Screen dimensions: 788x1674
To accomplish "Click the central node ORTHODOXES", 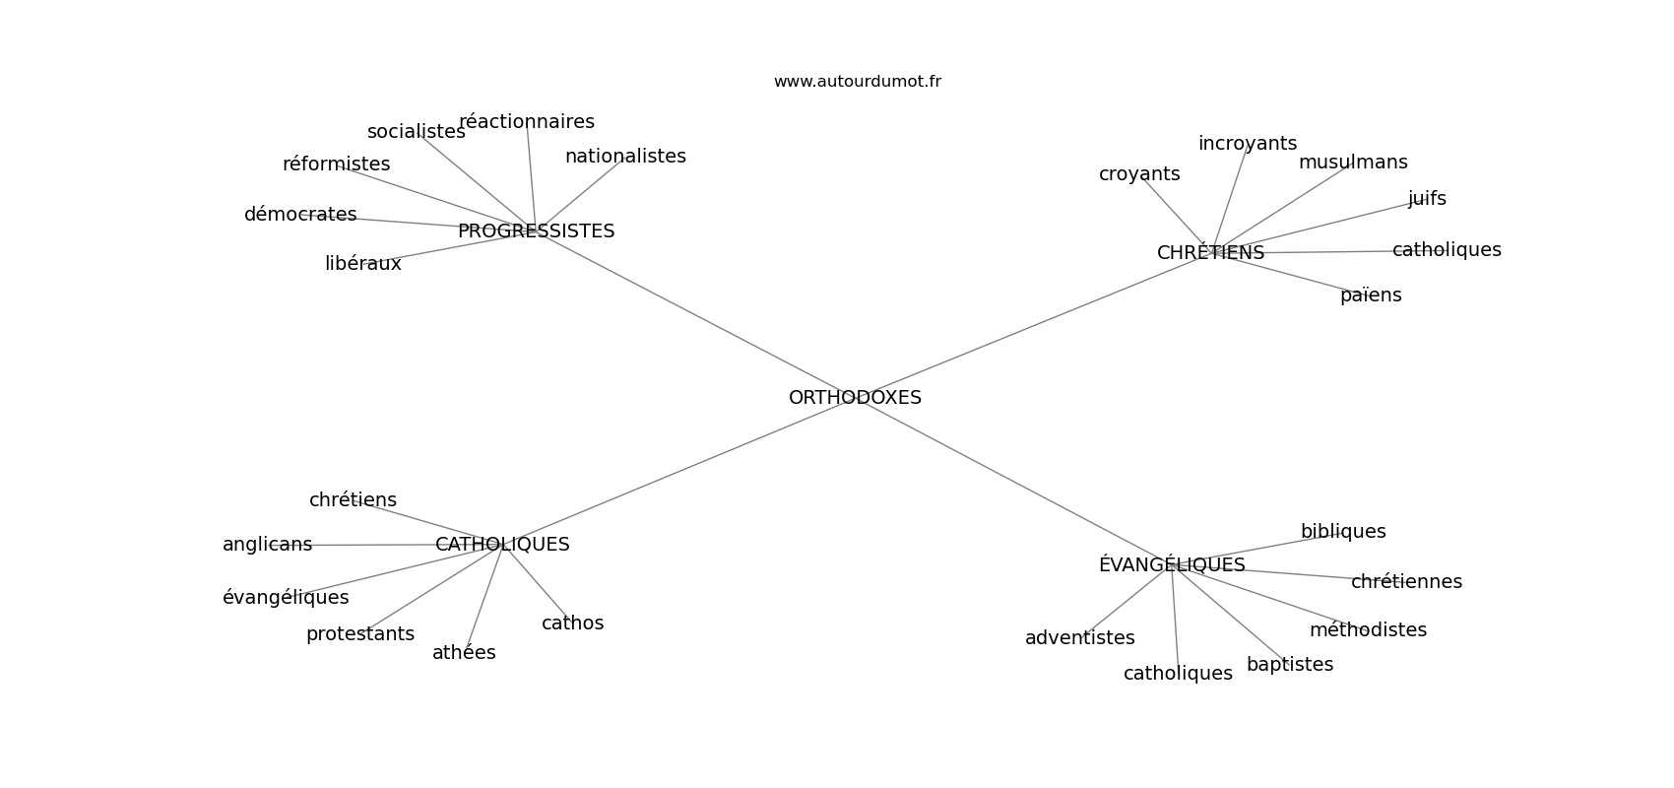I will pos(855,398).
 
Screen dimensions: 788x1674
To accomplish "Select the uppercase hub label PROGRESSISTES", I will pos(536,231).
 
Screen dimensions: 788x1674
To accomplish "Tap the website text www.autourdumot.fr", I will pos(857,82).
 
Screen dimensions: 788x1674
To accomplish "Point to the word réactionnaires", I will pos(527,122).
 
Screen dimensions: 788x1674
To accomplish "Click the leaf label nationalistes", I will pos(625,157).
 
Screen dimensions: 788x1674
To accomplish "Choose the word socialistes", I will pos(416,132).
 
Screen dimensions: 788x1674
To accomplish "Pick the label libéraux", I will pos(363,264).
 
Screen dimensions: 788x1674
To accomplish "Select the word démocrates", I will pos(300,215).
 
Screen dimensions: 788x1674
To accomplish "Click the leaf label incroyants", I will pos(1248,144).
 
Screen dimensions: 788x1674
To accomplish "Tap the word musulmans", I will pos(1353,163).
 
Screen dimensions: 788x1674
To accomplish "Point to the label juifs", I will pos(1427,199).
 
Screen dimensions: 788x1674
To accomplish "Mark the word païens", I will pos(1371,295).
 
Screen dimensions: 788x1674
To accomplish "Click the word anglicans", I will pos(267,545).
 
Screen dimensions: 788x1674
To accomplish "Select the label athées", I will pos(464,653).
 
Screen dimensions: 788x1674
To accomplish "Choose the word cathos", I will pos(572,624).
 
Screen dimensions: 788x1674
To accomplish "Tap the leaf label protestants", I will pos(360,634).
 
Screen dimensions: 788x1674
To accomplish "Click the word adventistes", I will pos(1079,638).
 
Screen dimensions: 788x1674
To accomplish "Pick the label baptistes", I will pos(1290,665).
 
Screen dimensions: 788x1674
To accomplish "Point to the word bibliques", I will pos(1343,532).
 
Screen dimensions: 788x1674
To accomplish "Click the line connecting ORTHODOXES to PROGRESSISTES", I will pos(689,311).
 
